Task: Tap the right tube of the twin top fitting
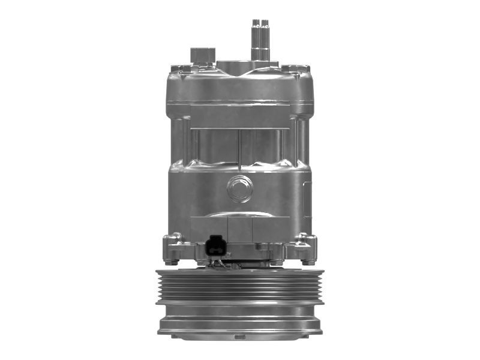pyautogui.click(x=265, y=38)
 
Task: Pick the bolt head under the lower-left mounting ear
pyautogui.click(x=173, y=261)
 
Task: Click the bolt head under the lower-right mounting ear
pyautogui.click(x=307, y=261)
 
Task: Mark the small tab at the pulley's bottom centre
pyautogui.click(x=239, y=337)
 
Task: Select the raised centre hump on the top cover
pyautogui.click(x=237, y=65)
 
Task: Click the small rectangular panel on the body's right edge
pyautogui.click(x=307, y=198)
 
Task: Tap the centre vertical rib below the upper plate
pyautogui.click(x=239, y=147)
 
